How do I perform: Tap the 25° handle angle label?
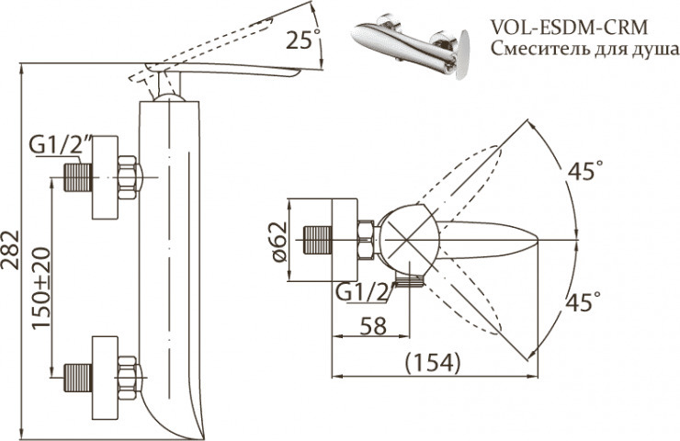pyautogui.click(x=304, y=40)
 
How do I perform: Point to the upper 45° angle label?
pyautogui.click(x=584, y=171)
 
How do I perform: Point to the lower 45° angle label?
pyautogui.click(x=584, y=300)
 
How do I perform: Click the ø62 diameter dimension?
pyautogui.click(x=281, y=242)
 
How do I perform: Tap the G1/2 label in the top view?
pyautogui.click(x=361, y=292)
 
